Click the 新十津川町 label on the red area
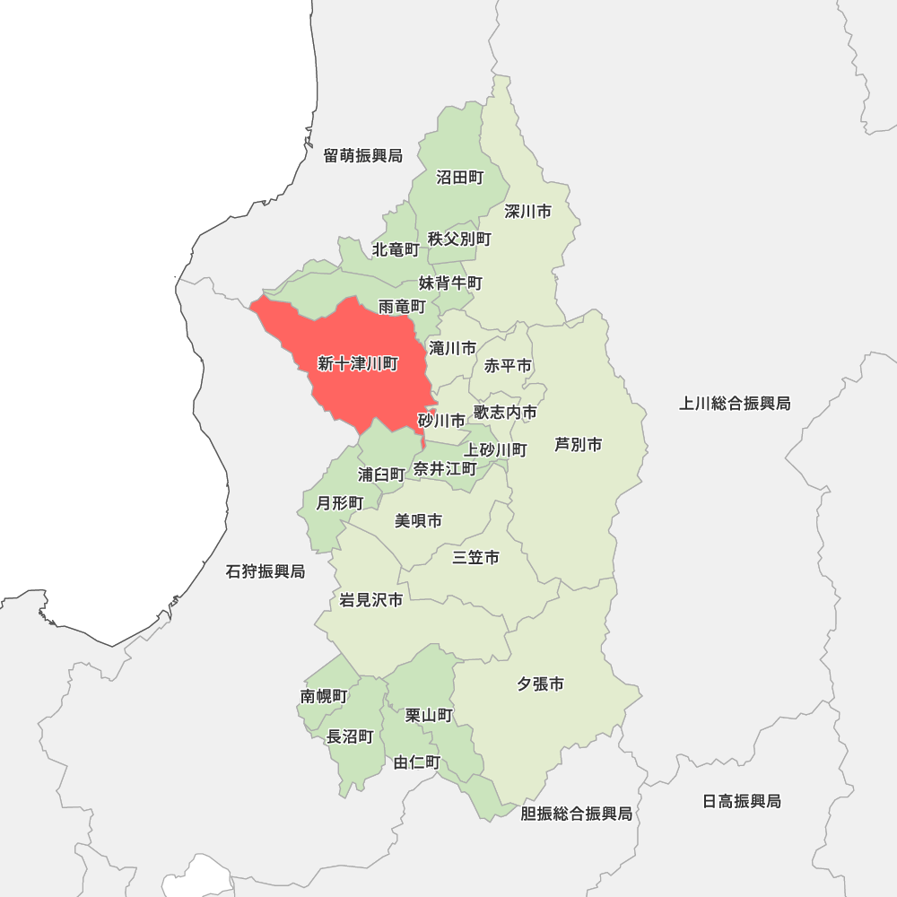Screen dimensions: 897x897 point(358,363)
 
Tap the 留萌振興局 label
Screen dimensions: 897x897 point(363,156)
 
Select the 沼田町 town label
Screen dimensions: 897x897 point(459,178)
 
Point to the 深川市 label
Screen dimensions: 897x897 point(527,212)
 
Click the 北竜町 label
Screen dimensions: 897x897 point(396,248)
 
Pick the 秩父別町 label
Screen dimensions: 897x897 point(459,239)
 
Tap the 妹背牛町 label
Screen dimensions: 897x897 point(450,283)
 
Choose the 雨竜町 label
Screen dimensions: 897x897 point(401,307)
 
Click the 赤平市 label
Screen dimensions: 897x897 point(508,366)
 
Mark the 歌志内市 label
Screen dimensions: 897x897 point(506,413)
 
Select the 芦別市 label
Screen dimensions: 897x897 point(578,444)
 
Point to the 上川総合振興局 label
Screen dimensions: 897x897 point(735,404)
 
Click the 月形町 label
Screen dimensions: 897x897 point(339,502)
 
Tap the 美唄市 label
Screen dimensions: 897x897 point(418,521)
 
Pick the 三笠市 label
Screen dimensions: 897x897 point(475,558)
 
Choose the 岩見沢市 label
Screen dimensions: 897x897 point(370,600)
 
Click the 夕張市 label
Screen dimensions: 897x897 point(540,684)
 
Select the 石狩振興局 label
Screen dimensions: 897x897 point(266,571)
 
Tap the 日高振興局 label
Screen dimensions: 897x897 point(742,801)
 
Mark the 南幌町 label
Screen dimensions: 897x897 point(324,696)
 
